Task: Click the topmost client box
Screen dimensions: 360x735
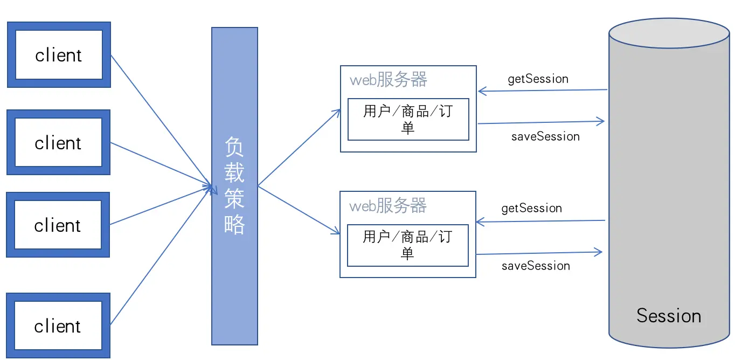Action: [x=59, y=55]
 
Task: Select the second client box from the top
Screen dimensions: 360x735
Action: [x=58, y=143]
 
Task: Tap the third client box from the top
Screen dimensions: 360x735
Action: [x=58, y=225]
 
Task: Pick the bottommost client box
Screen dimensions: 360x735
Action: [x=58, y=326]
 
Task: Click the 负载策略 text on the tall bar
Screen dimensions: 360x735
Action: [x=234, y=185]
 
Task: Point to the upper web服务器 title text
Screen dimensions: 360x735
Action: [x=389, y=80]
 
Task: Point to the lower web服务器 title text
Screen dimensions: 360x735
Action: [x=388, y=206]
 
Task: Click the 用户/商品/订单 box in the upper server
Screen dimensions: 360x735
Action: [x=408, y=120]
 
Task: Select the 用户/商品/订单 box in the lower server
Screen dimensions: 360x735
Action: [x=407, y=245]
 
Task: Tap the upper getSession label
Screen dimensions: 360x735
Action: [x=538, y=79]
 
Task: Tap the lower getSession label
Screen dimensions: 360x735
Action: [x=531, y=209]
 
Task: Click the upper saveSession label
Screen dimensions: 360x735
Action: [x=545, y=137]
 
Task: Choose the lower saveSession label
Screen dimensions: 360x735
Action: [x=536, y=266]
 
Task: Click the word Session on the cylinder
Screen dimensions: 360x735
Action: [x=669, y=316]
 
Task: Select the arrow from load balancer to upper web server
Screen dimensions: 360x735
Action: [x=299, y=148]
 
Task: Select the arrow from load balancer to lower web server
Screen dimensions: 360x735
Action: [x=299, y=210]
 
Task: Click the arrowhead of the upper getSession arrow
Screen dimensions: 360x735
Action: [x=481, y=92]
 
